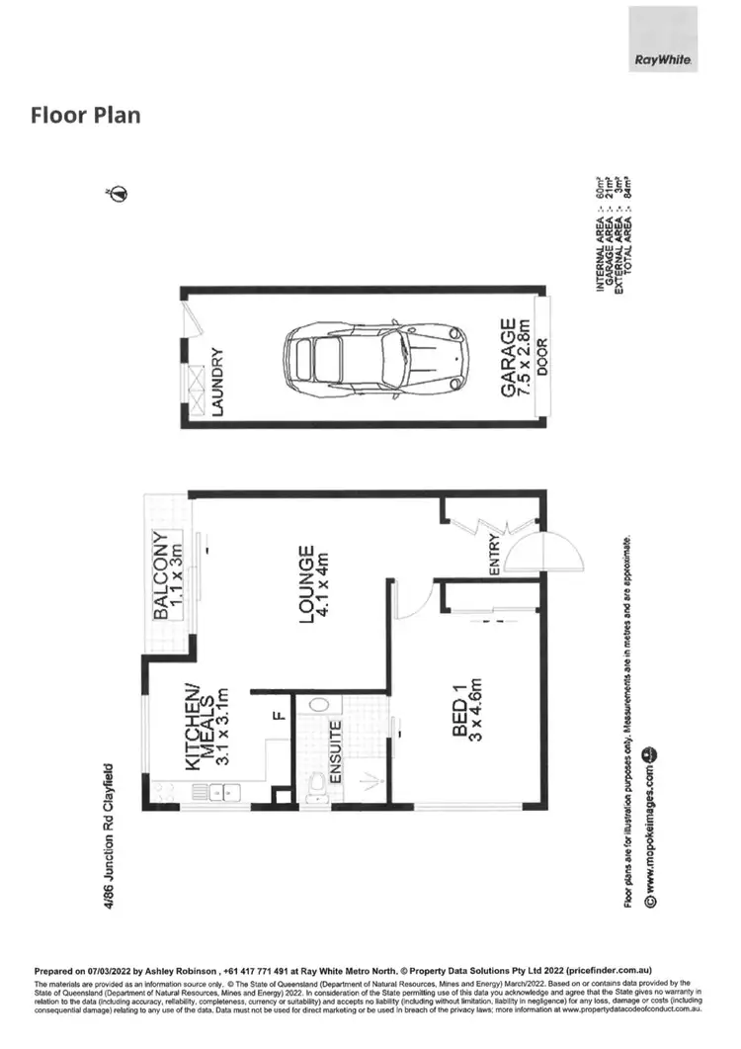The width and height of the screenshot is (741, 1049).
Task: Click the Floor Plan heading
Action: click(86, 115)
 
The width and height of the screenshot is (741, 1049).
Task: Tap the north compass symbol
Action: click(117, 193)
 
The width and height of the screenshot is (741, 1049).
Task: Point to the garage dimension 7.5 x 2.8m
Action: click(527, 358)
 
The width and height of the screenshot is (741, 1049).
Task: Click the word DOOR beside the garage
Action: click(542, 358)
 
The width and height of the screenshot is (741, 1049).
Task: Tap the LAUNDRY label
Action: click(219, 382)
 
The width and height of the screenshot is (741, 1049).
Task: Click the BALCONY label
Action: click(160, 576)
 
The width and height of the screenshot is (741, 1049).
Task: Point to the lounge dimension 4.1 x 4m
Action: click(322, 584)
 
